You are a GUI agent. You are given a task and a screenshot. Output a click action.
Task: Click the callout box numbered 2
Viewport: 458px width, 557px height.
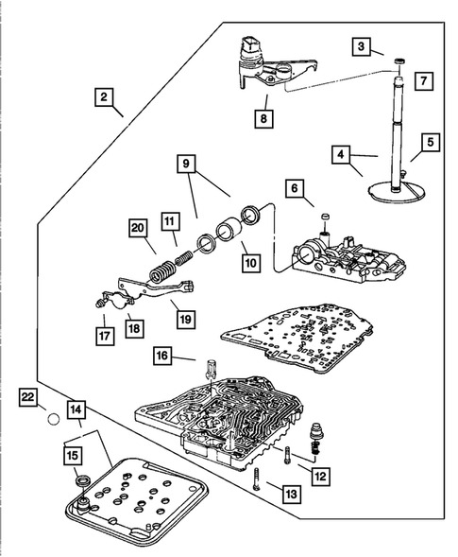[x=104, y=97]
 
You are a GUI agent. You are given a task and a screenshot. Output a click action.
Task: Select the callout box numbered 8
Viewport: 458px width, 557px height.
[x=263, y=118]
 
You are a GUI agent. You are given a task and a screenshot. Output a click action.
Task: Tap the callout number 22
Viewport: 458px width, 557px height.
[x=28, y=397]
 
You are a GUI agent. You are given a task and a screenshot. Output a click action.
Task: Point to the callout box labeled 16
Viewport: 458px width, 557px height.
[x=162, y=356]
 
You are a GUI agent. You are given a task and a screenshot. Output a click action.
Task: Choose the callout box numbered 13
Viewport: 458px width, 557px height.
[x=292, y=494]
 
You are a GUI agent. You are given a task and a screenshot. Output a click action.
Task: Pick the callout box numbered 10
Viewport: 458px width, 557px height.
[x=251, y=263]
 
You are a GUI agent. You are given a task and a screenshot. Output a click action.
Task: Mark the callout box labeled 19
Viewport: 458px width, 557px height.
[x=185, y=320]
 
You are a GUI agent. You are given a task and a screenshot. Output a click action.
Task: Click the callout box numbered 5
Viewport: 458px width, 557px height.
[x=431, y=143]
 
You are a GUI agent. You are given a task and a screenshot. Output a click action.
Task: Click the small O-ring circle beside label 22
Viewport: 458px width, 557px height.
[x=53, y=419]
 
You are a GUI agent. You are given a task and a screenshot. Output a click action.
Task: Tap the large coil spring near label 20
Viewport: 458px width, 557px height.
[x=161, y=272]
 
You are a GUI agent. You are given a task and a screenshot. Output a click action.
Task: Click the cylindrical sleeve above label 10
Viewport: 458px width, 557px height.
[x=229, y=233]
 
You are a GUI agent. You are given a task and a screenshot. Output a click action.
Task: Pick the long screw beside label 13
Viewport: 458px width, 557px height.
[x=257, y=479]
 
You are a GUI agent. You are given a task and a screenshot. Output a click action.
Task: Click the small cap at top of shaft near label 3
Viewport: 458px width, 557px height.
[x=399, y=61]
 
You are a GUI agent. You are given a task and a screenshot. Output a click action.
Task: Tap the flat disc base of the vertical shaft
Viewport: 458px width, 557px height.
[x=396, y=192]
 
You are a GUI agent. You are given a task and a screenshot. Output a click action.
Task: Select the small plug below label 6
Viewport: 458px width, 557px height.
[x=325, y=217]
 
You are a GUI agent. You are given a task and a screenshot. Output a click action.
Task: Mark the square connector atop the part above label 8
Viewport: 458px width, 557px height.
[x=247, y=45]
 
